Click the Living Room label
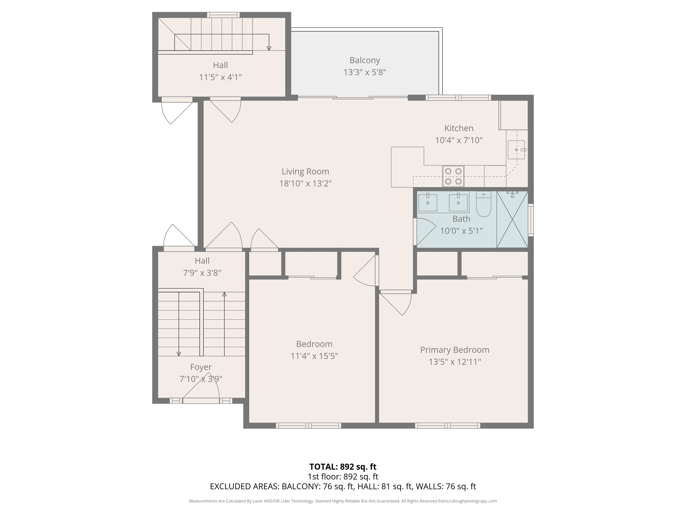pyautogui.click(x=305, y=171)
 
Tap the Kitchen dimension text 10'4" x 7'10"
pyautogui.click(x=459, y=140)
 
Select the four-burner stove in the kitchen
pyautogui.click(x=453, y=176)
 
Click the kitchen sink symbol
pyautogui.click(x=516, y=150)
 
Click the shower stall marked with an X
pyautogui.click(x=512, y=220)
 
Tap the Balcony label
pyautogui.click(x=364, y=60)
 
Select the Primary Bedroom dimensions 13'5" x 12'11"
pyautogui.click(x=455, y=362)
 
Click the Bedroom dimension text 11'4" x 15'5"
pyautogui.click(x=314, y=356)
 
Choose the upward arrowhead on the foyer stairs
pyautogui.click(x=224, y=294)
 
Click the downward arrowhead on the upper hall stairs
pyautogui.click(x=269, y=48)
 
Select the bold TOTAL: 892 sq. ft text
pyautogui.click(x=343, y=467)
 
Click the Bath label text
pyautogui.click(x=461, y=219)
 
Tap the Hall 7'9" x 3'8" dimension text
pyautogui.click(x=202, y=273)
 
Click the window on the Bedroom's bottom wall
pyautogui.click(x=308, y=425)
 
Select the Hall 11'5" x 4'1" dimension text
pyautogui.click(x=220, y=77)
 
